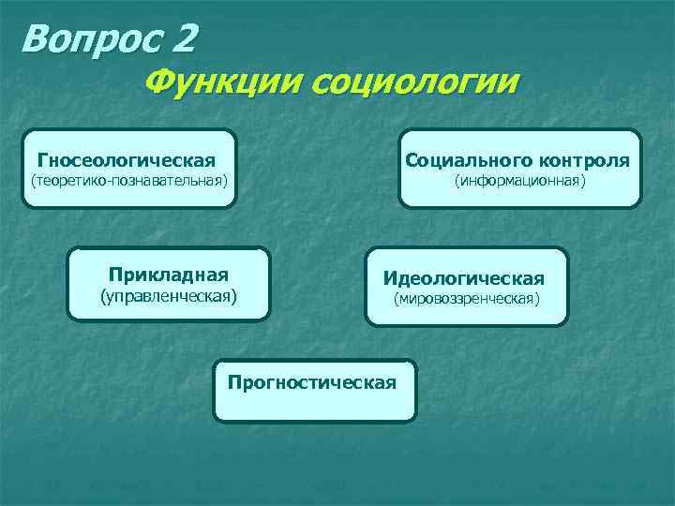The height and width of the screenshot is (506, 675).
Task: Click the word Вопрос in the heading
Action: pos(89,38)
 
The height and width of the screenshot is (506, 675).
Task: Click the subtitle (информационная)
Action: pos(520,180)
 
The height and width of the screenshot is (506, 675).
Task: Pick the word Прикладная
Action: pos(168,275)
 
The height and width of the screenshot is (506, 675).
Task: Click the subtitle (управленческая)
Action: pos(169,297)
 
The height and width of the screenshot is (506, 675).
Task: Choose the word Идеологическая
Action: pos(463,279)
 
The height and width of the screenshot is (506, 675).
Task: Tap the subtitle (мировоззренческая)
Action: pos(466,299)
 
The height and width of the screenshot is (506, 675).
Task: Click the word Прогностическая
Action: pos(312,382)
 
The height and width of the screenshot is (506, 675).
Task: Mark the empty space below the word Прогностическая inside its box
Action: pos(314,405)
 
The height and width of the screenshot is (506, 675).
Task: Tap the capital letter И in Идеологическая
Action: pos(389,279)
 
